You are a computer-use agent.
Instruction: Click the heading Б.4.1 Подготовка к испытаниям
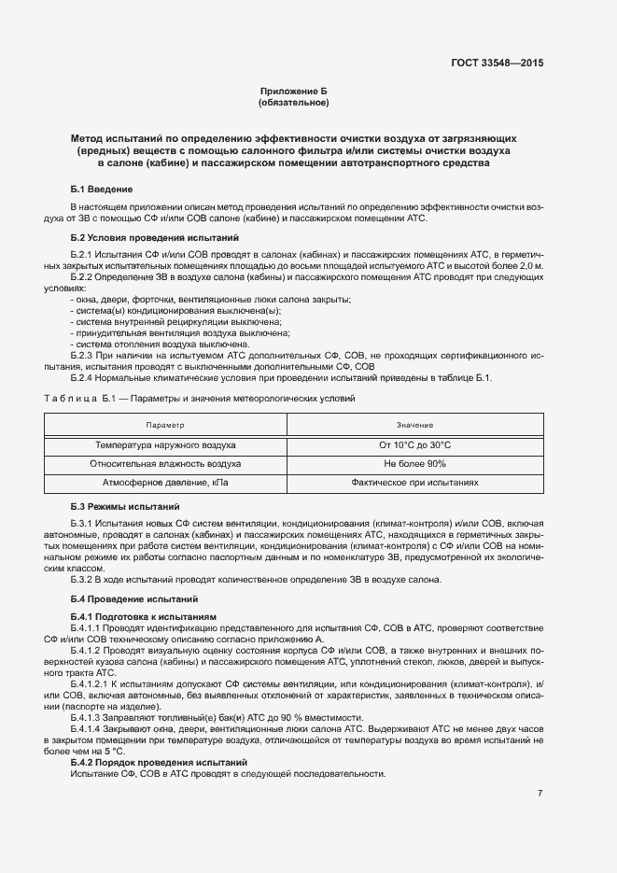[x=144, y=617]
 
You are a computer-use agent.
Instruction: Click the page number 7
[x=540, y=794]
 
